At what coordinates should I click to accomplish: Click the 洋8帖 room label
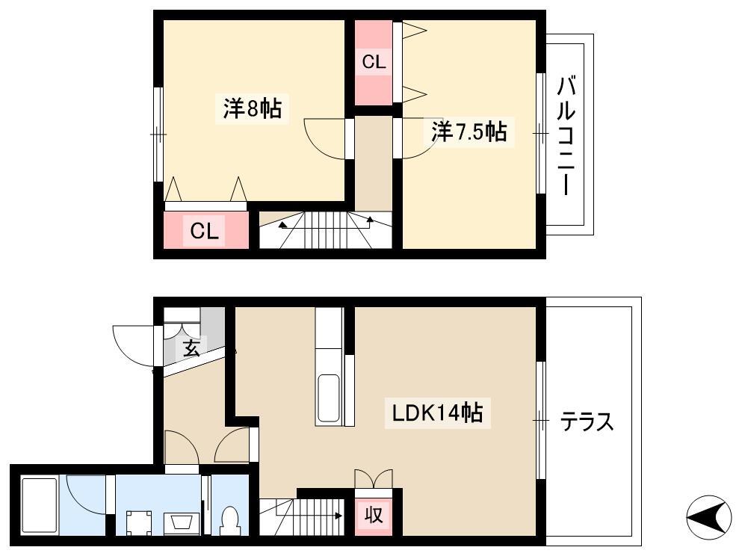pos(253,109)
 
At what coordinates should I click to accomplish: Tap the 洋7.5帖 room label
pos(469,132)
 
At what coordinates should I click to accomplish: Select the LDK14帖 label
pos(438,413)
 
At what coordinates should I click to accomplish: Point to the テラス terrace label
pos(587,421)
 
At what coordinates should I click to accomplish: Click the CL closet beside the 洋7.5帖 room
pos(374,63)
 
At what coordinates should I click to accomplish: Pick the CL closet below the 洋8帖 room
pos(206,230)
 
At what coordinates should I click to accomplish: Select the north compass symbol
pos(708,517)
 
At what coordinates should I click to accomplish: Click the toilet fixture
pos(230,521)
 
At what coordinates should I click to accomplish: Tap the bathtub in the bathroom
pos(40,506)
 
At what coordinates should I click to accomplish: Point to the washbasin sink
pos(179,523)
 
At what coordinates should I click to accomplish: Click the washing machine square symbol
pos(138,523)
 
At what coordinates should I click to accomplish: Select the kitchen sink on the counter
pos(329,398)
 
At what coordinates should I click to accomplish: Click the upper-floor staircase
pos(326,230)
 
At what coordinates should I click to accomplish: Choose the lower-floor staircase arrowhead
pos(338,516)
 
